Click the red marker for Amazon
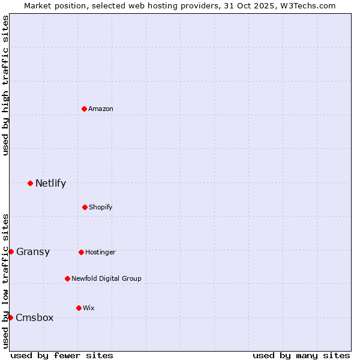point(85,109)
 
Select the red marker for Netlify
point(30,183)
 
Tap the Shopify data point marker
point(85,207)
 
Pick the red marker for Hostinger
point(81,252)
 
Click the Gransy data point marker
point(11,251)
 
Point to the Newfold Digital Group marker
point(67,278)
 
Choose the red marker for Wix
point(79,308)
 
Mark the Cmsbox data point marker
point(10,317)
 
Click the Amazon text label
point(101,109)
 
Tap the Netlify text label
point(50,183)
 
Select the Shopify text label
point(101,207)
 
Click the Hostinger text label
point(100,252)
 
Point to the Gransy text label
point(33,251)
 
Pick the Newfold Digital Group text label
point(106,278)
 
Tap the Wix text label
point(89,308)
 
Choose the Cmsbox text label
point(35,317)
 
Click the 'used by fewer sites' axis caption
point(62,355)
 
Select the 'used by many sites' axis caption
point(301,355)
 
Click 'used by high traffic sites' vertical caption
point(5,85)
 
